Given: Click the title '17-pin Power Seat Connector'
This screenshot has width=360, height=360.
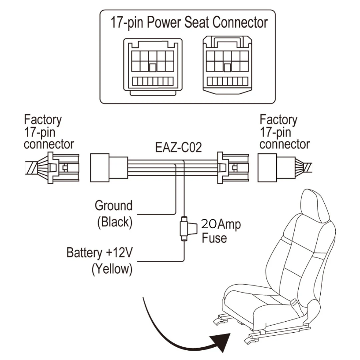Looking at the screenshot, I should click(188, 22).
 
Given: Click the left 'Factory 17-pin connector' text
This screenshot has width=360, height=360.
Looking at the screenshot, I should click(49, 132).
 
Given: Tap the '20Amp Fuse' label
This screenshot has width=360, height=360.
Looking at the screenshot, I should click(221, 231).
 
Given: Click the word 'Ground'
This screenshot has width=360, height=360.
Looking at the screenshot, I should click(113, 206).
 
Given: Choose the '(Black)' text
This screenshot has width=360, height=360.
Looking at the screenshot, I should click(115, 222).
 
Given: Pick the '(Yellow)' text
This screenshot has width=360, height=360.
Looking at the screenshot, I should click(112, 269).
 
